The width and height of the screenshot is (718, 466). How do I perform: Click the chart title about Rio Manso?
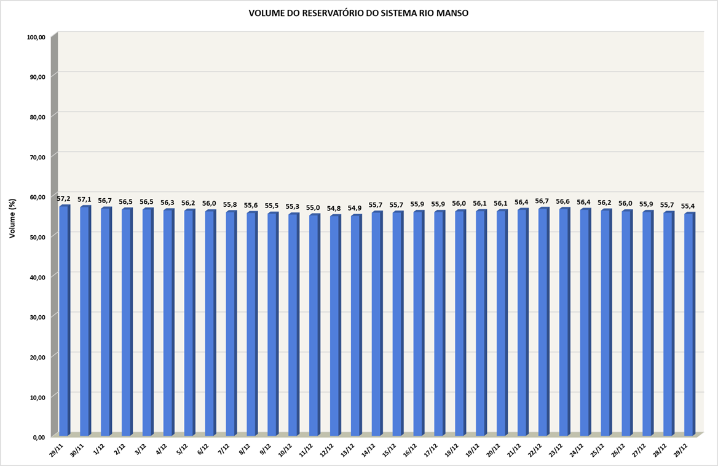tap(358, 13)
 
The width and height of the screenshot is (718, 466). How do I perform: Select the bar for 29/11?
tap(64, 320)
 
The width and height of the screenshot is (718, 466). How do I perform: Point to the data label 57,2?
tap(64, 198)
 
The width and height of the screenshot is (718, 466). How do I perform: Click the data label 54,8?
tap(335, 208)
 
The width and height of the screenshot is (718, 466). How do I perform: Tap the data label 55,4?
tap(689, 206)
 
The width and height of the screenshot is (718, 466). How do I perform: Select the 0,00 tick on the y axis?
tap(38, 437)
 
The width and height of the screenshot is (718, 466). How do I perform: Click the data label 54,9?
tap(356, 208)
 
